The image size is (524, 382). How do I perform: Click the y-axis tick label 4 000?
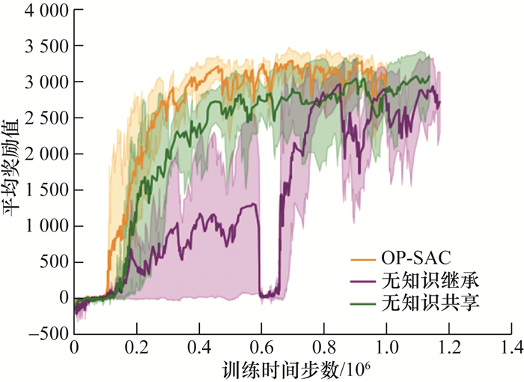(43, 10)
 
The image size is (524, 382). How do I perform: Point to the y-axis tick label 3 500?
(43, 46)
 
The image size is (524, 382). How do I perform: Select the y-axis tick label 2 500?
(43, 118)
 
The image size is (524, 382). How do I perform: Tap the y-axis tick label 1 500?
(43, 190)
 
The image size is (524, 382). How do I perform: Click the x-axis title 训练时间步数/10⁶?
(296, 369)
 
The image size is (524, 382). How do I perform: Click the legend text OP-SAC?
(413, 261)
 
